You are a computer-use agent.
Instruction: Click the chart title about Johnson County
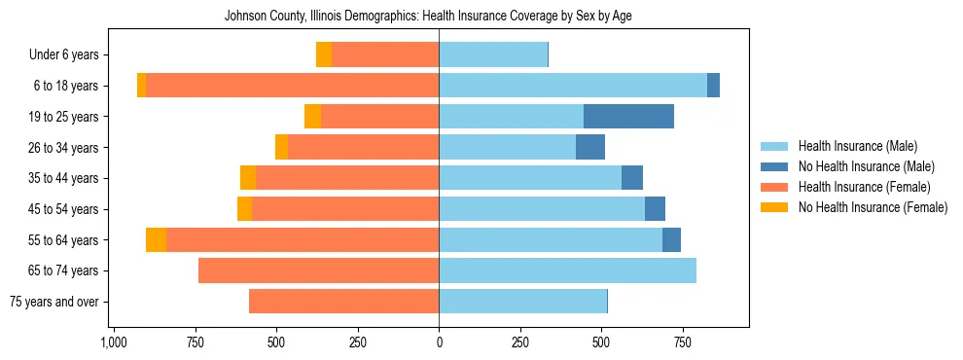[428, 17]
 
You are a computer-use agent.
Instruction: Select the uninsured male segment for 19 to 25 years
[628, 117]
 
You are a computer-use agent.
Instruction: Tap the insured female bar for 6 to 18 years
[292, 86]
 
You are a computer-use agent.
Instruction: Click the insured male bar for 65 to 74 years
[567, 270]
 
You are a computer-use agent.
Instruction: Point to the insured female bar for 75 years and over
[343, 302]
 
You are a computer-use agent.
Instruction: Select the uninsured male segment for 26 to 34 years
[590, 148]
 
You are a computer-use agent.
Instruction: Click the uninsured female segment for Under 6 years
[324, 55]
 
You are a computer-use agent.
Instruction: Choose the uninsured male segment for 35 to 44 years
[632, 178]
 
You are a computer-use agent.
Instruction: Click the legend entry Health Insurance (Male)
[857, 146]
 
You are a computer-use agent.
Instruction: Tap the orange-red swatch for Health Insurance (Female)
[774, 187]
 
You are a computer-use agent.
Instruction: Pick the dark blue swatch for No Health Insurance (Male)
[774, 166]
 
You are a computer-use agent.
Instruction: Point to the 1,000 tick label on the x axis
[113, 342]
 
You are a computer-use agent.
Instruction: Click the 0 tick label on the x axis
[439, 342]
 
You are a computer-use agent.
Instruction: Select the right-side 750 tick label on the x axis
[683, 342]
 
